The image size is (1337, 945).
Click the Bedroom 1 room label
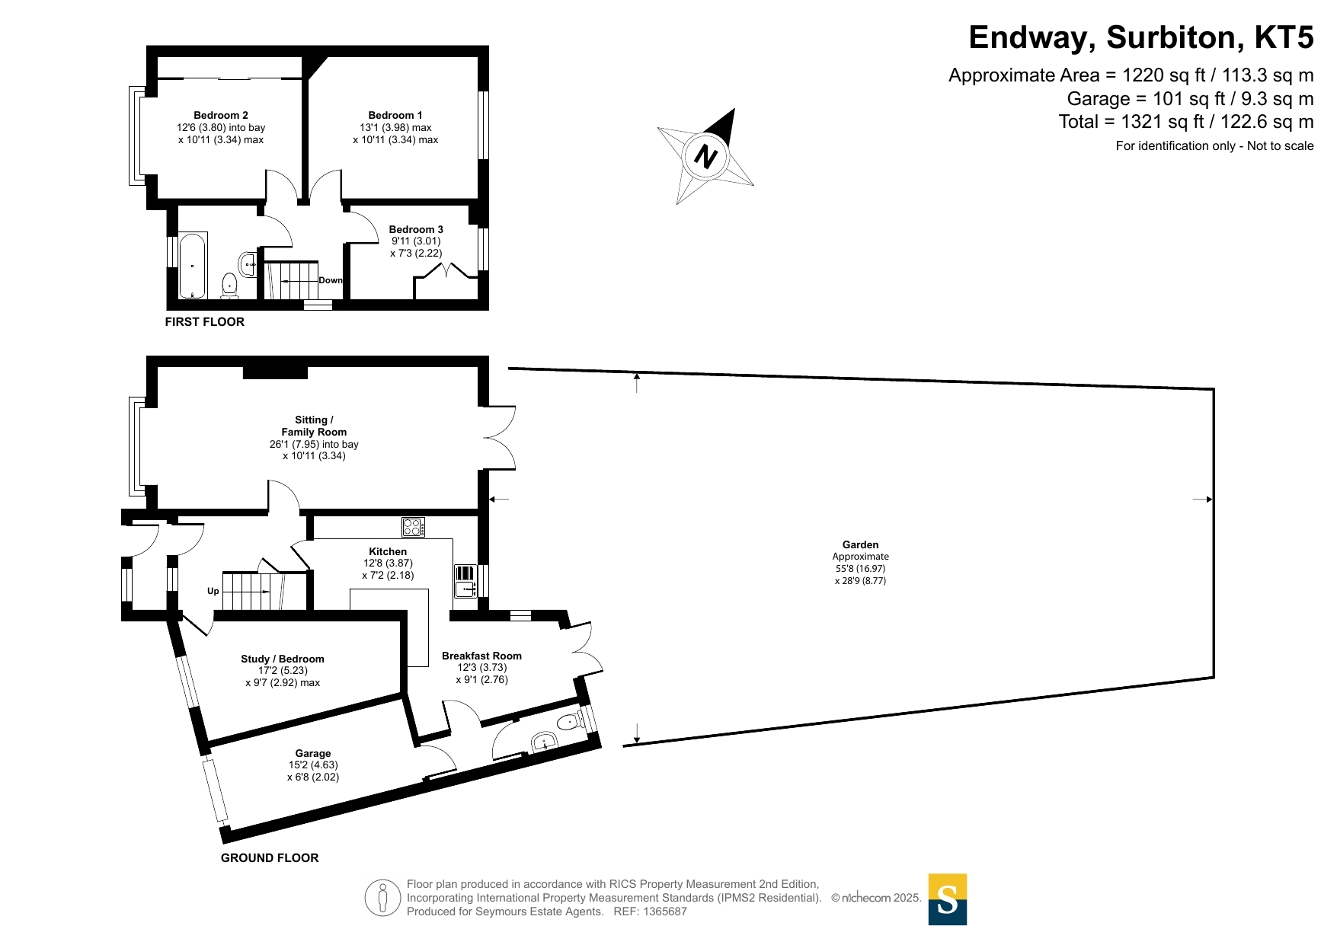coord(395,115)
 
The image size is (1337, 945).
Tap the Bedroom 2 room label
coord(221,115)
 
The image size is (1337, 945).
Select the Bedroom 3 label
coord(416,229)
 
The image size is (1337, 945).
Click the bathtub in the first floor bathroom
coord(193,266)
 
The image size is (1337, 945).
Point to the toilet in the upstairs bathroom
coord(229,286)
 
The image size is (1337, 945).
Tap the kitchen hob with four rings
coord(413,527)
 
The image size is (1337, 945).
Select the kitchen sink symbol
coord(465,581)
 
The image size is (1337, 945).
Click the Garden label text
coord(861,544)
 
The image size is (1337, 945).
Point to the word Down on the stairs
coord(331,280)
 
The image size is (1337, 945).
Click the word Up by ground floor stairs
coord(213,591)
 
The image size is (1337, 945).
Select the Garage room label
coord(313,753)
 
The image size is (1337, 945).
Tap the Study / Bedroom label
coord(283,659)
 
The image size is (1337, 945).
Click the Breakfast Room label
coord(481,656)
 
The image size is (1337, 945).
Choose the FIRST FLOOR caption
coord(205,322)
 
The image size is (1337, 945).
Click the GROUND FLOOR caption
coord(270,858)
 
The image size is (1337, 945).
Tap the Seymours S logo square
coord(948,899)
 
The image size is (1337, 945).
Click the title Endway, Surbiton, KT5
coord(1141,37)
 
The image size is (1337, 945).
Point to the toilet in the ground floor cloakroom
coord(570,721)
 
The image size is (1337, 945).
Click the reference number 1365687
coord(665,911)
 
